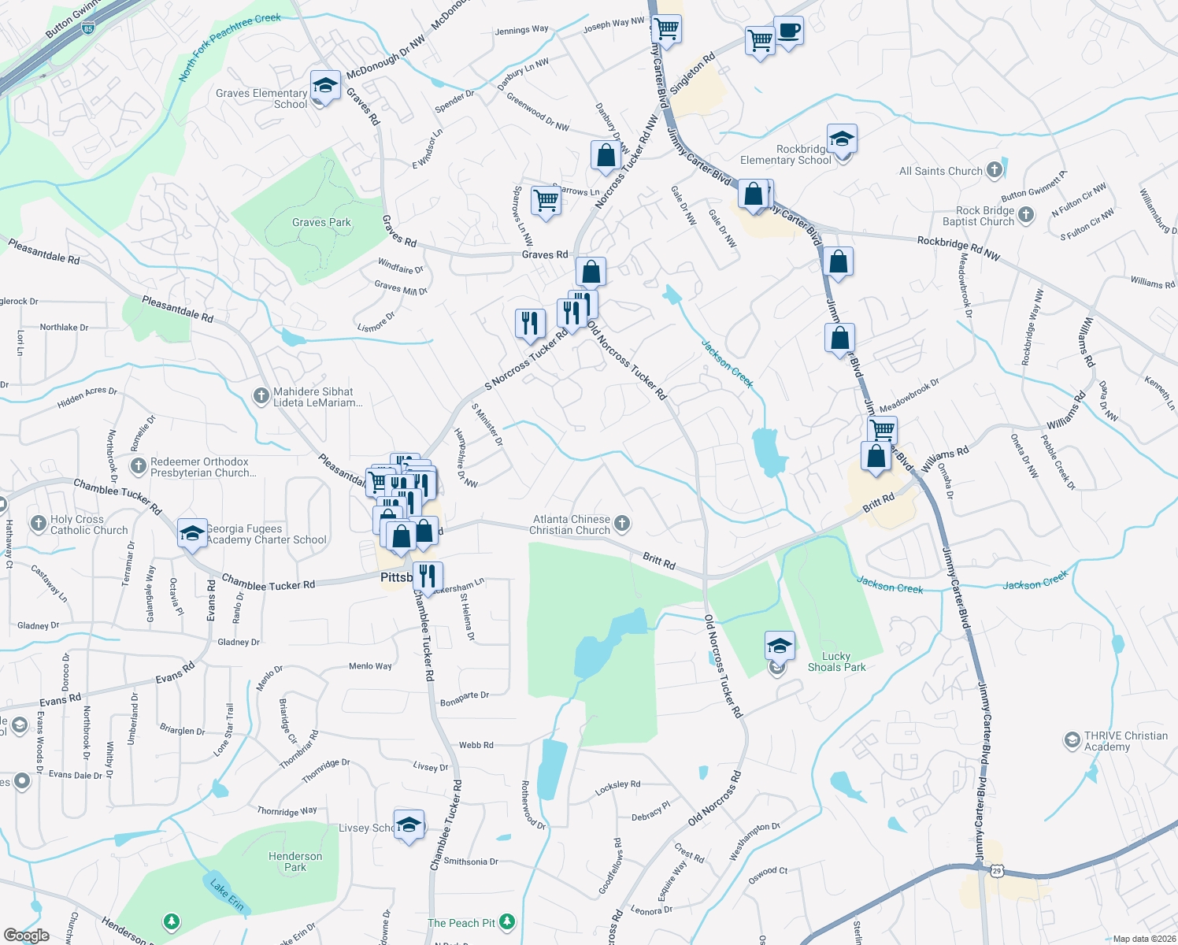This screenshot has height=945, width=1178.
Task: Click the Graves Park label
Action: click(321, 223)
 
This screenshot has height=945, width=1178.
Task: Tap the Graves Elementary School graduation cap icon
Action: click(324, 85)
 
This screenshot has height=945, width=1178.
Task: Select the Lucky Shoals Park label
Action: click(836, 661)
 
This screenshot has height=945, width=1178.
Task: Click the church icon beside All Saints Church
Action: click(995, 170)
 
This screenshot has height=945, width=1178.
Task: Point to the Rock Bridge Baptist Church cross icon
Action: click(1025, 214)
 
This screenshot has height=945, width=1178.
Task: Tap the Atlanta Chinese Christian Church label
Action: click(571, 524)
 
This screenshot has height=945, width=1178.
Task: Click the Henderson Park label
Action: click(295, 862)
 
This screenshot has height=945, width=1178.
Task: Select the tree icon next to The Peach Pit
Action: click(507, 921)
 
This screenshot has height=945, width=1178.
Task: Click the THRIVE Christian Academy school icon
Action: click(1072, 740)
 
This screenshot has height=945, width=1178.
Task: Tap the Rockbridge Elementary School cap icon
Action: click(841, 139)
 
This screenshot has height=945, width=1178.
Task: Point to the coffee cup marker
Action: click(788, 31)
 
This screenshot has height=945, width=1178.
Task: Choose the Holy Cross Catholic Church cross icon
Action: click(38, 523)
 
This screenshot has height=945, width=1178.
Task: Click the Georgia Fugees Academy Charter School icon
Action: click(192, 534)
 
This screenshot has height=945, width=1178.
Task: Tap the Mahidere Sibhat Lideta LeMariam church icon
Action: click(261, 396)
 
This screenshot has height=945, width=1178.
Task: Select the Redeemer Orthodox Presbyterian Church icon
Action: click(139, 466)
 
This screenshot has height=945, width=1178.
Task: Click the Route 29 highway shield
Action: click(997, 870)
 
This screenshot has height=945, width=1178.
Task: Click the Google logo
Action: click(26, 936)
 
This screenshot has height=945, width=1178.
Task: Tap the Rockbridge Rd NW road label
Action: click(958, 249)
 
